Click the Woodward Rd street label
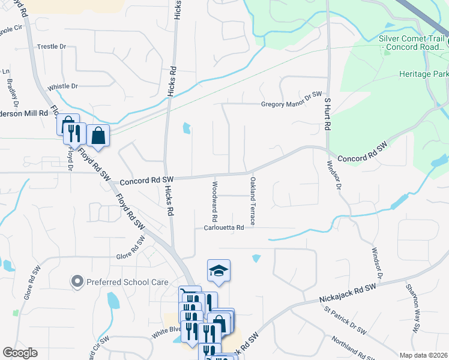pyautogui.click(x=214, y=200)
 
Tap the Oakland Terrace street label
pyautogui.click(x=253, y=201)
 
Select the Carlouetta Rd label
pyautogui.click(x=223, y=228)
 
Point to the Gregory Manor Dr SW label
pyautogui.click(x=292, y=103)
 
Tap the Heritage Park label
pyautogui.click(x=423, y=74)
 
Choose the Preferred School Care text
pyautogui.click(x=117, y=281)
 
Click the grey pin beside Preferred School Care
pyautogui.click(x=77, y=280)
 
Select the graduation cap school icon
pyautogui.click(x=219, y=271)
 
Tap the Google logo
pyautogui.click(x=20, y=353)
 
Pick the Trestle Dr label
pyautogui.click(x=52, y=46)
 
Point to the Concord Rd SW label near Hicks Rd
pyautogui.click(x=146, y=180)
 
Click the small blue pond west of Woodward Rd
pyautogui.click(x=187, y=128)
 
